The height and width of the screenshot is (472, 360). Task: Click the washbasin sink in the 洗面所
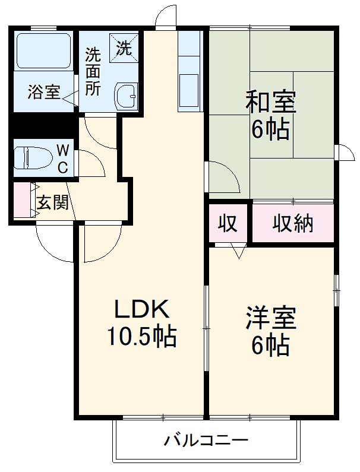[127, 93]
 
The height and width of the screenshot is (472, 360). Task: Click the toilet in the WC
[36, 157]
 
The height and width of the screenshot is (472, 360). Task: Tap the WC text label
[62, 157]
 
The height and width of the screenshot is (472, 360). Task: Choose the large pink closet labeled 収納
[293, 224]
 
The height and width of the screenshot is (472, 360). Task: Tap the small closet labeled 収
[227, 224]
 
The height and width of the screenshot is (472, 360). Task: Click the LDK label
[142, 309]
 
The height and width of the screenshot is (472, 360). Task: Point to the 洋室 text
[270, 318]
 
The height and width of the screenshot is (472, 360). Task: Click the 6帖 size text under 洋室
[270, 345]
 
